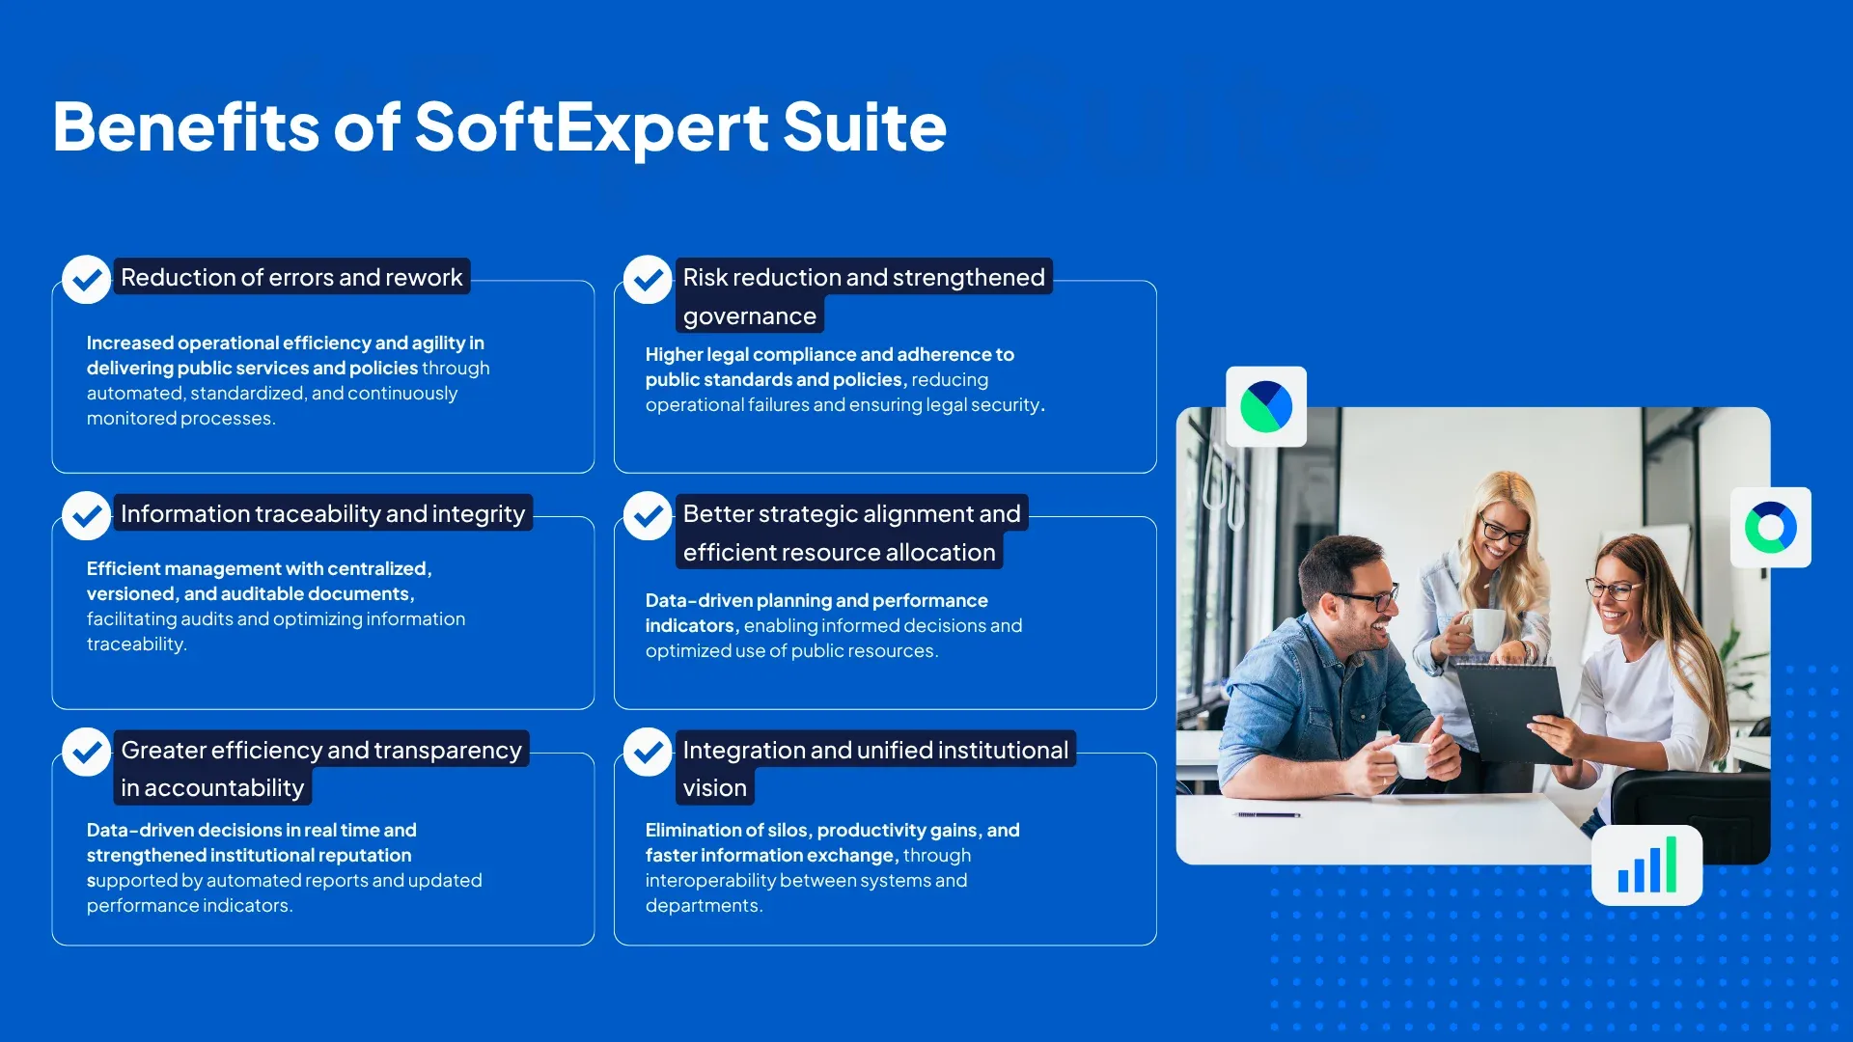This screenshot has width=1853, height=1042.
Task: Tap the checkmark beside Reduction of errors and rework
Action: (86, 280)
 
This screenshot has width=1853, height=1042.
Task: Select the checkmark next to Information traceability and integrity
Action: (86, 516)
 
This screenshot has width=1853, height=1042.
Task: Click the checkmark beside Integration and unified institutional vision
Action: (648, 753)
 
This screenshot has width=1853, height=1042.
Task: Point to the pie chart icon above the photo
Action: (1266, 406)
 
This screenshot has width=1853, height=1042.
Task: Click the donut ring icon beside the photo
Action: (1770, 528)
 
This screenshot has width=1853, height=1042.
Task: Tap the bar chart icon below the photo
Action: (1646, 865)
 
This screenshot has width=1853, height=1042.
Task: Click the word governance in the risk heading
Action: (749, 316)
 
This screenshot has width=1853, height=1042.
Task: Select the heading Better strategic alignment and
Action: (850, 513)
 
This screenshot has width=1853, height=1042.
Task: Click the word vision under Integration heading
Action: (714, 788)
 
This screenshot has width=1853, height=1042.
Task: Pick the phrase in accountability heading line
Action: (212, 788)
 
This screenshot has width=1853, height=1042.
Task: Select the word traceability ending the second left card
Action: (135, 644)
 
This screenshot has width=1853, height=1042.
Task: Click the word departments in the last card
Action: (703, 906)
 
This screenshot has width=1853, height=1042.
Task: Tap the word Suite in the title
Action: (864, 127)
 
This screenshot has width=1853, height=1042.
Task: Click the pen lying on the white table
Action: (1266, 815)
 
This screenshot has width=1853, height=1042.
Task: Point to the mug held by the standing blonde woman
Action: (1484, 629)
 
